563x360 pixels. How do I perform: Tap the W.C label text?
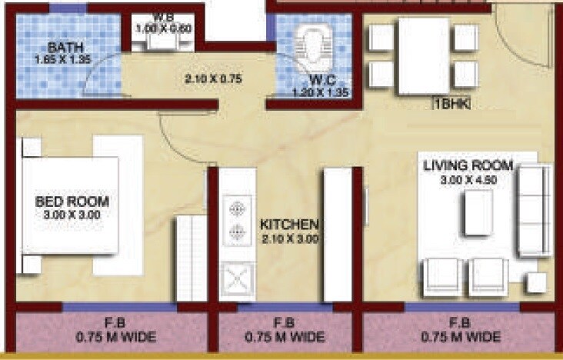pos(320,80)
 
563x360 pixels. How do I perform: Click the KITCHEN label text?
pos(288,225)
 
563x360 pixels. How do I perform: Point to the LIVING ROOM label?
pos(465,166)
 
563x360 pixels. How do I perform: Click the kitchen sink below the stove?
pos(238,280)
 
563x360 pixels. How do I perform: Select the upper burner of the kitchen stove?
pos(238,208)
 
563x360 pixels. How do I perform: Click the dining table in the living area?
pos(423,56)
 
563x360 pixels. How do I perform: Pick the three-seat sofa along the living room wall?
pos(532,212)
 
